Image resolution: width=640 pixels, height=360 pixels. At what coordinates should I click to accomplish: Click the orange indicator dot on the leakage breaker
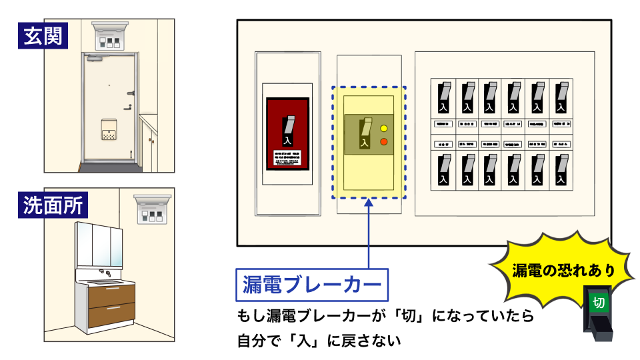point(383,141)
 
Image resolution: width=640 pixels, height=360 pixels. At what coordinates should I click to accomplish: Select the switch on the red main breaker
point(287,131)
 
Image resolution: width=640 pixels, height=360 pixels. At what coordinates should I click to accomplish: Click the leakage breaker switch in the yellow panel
point(365,132)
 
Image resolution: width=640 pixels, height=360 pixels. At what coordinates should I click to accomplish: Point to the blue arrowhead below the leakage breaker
point(369,203)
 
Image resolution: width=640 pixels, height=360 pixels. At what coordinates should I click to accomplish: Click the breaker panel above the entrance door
point(109,39)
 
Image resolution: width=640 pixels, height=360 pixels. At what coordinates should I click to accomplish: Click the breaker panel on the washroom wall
point(151,209)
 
